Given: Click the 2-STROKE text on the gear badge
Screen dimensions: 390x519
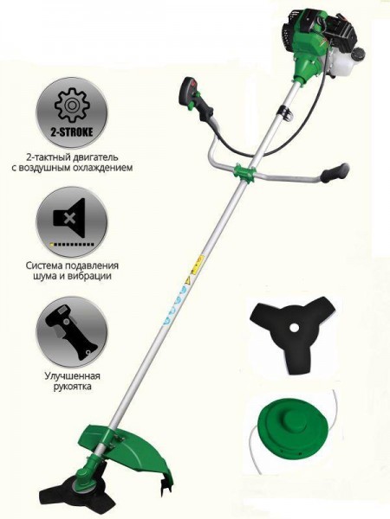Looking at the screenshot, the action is pyautogui.click(x=72, y=132).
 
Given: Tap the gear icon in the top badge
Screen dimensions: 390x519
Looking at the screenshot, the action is pyautogui.click(x=71, y=106).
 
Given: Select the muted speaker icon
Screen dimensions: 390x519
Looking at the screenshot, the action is pyautogui.click(x=69, y=218).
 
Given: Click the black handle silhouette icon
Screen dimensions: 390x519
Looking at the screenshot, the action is pyautogui.click(x=72, y=332).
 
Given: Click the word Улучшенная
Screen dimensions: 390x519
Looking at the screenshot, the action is pyautogui.click(x=72, y=376).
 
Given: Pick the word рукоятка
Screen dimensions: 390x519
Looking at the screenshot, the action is pyautogui.click(x=72, y=387).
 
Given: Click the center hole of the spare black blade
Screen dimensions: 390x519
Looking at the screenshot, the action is pyautogui.click(x=293, y=328).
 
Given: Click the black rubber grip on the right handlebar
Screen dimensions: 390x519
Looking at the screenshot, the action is pyautogui.click(x=334, y=173).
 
